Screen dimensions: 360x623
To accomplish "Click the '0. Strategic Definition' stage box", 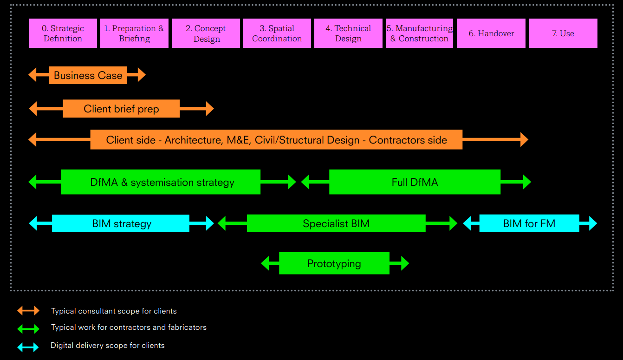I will (63, 33).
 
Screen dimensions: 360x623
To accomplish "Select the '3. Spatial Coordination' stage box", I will (277, 33).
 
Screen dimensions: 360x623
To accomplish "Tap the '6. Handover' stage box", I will (491, 33).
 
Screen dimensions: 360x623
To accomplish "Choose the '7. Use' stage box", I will (563, 33).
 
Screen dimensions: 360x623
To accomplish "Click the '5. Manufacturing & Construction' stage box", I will (419, 33).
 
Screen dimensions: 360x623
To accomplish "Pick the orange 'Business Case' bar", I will (88, 75).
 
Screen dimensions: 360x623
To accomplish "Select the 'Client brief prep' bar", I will (121, 109).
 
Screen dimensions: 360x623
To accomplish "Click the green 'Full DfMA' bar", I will (415, 182).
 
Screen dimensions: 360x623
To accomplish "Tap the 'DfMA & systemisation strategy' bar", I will (161, 182).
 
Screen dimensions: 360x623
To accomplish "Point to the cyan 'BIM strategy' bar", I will (121, 223).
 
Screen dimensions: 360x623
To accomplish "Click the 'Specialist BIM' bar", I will (336, 223).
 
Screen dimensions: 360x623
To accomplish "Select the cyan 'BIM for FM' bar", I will (529, 223).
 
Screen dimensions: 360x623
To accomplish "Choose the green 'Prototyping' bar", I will (334, 263).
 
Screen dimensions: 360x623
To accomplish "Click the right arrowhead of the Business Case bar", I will (142, 75).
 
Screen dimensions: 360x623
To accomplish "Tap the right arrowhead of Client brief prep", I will (210, 109).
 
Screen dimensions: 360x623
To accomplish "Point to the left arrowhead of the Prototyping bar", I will (265, 263).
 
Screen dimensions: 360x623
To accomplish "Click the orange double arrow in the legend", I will (28, 311).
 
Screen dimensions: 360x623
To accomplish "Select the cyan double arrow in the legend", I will (28, 347).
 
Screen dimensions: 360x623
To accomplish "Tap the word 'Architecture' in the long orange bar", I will (192, 140).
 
